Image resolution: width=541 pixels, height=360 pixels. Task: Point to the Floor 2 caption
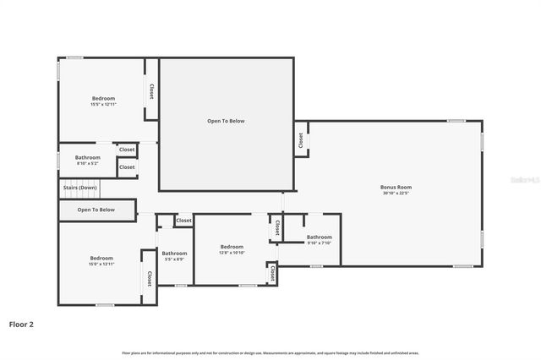click(x=21, y=324)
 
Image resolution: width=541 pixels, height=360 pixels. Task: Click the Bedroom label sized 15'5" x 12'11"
click(x=101, y=99)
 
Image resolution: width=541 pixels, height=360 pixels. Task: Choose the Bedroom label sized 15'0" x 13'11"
click(x=101, y=258)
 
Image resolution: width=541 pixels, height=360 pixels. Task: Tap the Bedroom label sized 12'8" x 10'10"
click(x=232, y=247)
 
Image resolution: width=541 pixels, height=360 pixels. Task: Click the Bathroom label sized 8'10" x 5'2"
click(x=87, y=157)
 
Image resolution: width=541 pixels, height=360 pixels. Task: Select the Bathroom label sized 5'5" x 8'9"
click(x=174, y=254)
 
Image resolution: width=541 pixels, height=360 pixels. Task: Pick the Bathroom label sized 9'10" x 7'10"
click(x=319, y=237)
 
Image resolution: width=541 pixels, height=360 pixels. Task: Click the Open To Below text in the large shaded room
click(x=226, y=121)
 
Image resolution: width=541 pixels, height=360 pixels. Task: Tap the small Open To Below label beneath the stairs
click(x=96, y=210)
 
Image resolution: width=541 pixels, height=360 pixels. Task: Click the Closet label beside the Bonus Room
click(x=300, y=139)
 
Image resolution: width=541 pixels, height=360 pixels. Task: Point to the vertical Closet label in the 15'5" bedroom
click(x=151, y=91)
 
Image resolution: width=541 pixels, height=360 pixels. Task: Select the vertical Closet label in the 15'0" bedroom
click(x=150, y=279)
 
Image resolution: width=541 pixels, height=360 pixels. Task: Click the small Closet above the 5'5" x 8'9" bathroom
click(x=183, y=221)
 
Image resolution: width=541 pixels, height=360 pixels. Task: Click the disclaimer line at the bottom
click(x=270, y=352)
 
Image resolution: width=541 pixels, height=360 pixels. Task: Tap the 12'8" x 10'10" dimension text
click(x=232, y=253)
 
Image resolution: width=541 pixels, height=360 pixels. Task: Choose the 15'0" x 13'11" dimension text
click(x=101, y=264)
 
